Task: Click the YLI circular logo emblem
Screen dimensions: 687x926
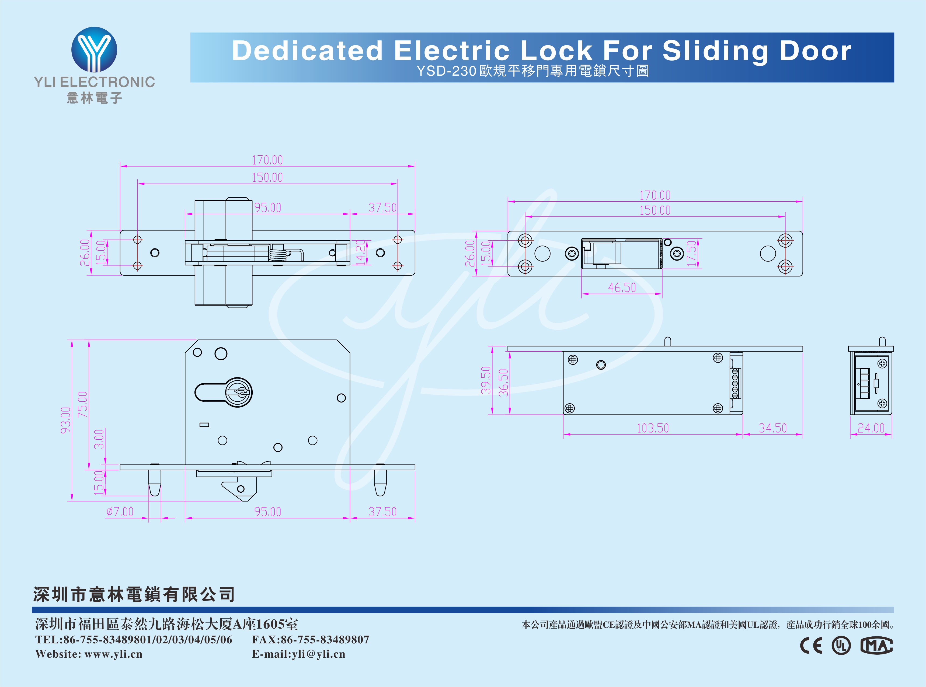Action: (94, 50)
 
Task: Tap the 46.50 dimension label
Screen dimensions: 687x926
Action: (622, 287)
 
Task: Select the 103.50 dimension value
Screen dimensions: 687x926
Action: (653, 428)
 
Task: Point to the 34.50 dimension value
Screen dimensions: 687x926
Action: (772, 428)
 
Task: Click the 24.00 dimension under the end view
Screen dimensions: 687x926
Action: (871, 428)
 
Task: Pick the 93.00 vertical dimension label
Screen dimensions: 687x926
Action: (66, 420)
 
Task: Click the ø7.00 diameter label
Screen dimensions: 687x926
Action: (120, 511)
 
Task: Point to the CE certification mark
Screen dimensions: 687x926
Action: (811, 646)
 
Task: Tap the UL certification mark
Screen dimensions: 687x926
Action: (841, 646)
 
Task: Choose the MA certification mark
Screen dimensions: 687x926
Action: (876, 646)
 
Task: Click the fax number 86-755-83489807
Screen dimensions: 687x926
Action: (325, 640)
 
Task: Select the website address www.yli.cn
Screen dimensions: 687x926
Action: (113, 654)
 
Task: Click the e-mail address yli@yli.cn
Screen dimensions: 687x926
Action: (318, 654)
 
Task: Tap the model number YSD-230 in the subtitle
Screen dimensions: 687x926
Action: (446, 71)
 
